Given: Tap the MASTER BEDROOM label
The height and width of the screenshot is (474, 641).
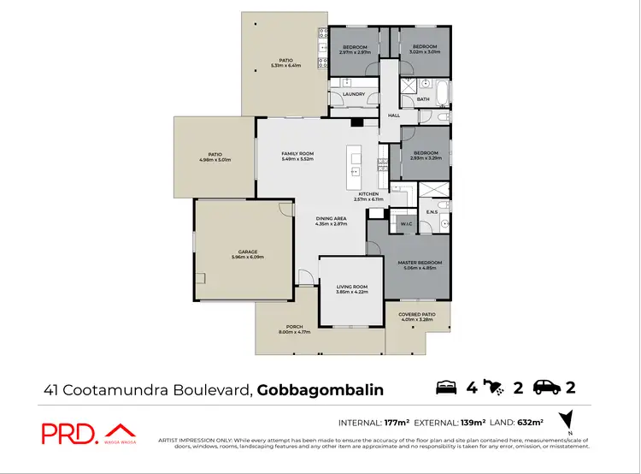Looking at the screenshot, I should [419, 262].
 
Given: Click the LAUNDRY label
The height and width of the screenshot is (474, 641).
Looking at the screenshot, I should [353, 94].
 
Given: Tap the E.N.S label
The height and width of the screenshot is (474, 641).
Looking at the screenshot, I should [432, 211].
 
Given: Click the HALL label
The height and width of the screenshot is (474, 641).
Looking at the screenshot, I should [394, 116].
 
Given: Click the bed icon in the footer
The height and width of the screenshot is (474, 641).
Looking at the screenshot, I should [448, 388].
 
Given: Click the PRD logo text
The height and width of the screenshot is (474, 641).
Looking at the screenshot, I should [68, 433].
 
